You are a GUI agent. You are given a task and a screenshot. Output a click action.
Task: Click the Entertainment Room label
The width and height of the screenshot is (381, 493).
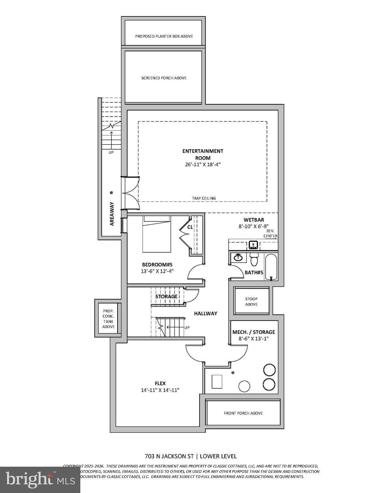coord(203,154)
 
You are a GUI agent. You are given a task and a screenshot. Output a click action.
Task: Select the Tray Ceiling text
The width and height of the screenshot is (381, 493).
coord(204,198)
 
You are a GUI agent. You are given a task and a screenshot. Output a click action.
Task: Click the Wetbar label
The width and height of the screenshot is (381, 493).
coord(253,220)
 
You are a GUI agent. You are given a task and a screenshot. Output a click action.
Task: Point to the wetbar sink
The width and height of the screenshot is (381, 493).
coord(253,245)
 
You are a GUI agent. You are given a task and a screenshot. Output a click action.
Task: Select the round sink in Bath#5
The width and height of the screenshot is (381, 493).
coord(238,257)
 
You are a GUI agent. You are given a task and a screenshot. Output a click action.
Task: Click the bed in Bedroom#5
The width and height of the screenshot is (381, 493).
coord(156,234)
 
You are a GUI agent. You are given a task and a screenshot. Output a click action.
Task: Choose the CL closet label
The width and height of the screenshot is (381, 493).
coord(190,227)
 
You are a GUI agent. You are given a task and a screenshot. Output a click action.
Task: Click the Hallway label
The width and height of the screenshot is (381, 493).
coord(206,314)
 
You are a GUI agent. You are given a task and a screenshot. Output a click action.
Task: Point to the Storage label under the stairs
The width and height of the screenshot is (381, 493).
coord(166,297)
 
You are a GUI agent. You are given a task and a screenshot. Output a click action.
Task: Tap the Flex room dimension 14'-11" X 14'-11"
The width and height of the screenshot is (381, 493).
coord(160,390)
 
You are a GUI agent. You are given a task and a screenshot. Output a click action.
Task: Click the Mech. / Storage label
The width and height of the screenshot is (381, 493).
coord(253,332)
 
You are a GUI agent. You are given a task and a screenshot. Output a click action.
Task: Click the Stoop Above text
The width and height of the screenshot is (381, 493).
coord(251,301)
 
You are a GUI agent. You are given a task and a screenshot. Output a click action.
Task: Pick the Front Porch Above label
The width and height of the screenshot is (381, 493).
coord(243,413)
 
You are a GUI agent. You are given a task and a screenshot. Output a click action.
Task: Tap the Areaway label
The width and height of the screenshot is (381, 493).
coord(112,214)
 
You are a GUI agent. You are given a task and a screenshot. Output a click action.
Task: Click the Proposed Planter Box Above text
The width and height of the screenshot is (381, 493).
coord(164,36)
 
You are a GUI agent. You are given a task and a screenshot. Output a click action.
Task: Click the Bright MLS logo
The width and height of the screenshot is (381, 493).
coord(40,480)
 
